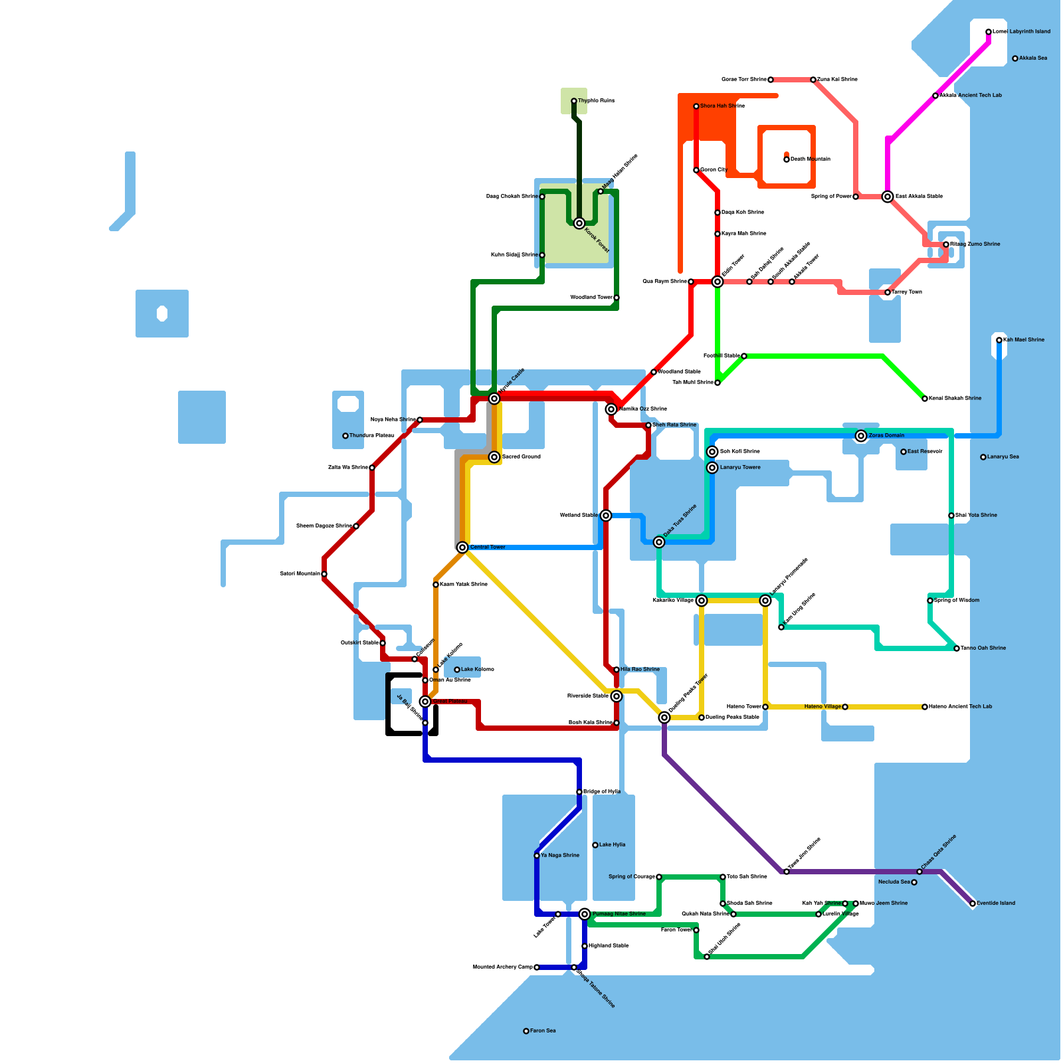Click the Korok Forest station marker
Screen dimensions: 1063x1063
tap(579, 223)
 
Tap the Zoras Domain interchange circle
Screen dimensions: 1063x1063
tap(861, 436)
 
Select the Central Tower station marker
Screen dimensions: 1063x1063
tap(462, 547)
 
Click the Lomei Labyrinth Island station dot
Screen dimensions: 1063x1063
tap(989, 32)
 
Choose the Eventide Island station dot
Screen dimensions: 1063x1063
tap(973, 904)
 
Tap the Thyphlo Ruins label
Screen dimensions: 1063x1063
tap(596, 101)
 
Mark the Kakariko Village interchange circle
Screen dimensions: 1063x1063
tap(702, 601)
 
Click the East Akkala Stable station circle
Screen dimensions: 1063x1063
tap(888, 197)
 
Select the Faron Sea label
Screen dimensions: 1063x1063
tap(543, 1031)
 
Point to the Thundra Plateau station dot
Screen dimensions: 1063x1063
tap(345, 436)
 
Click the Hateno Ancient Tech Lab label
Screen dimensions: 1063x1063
tap(960, 707)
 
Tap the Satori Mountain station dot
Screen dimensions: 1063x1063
tap(324, 574)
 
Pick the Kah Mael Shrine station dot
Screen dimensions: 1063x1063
tap(999, 340)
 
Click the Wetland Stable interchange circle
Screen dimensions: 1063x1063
tap(606, 516)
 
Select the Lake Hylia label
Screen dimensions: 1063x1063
tap(612, 845)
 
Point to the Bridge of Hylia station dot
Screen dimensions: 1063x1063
tap(579, 792)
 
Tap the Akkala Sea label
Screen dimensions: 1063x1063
tap(1033, 58)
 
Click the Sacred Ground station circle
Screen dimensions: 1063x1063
tap(494, 457)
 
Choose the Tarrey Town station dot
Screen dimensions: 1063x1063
tap(888, 292)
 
